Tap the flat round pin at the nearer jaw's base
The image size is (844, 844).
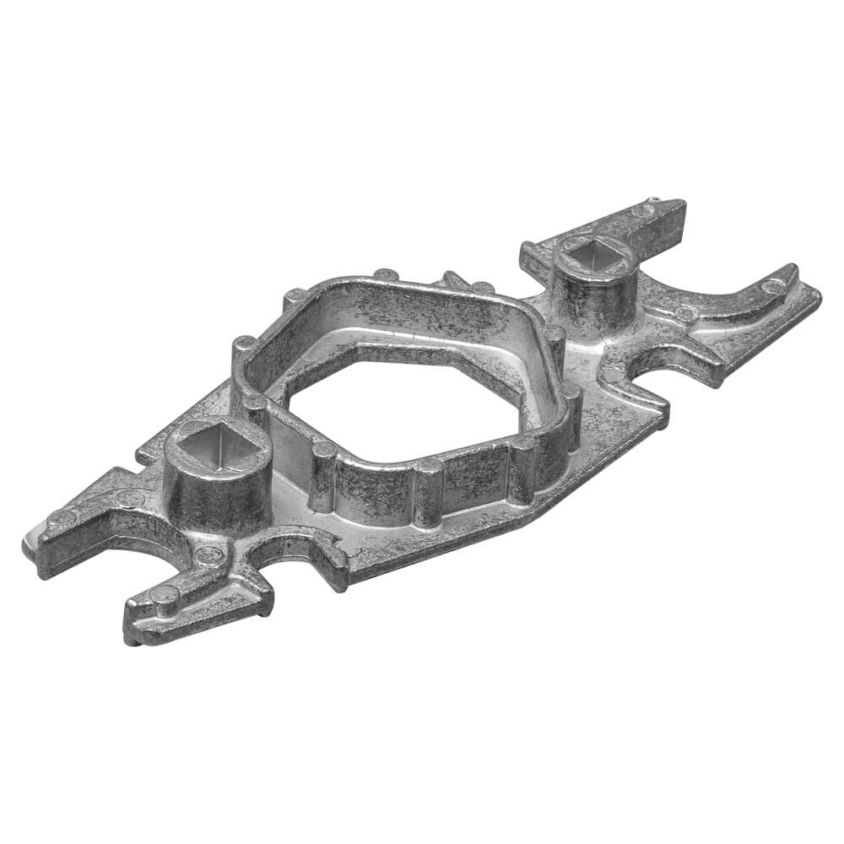(x=208, y=555)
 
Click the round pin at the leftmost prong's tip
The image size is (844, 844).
(x=60, y=517)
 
